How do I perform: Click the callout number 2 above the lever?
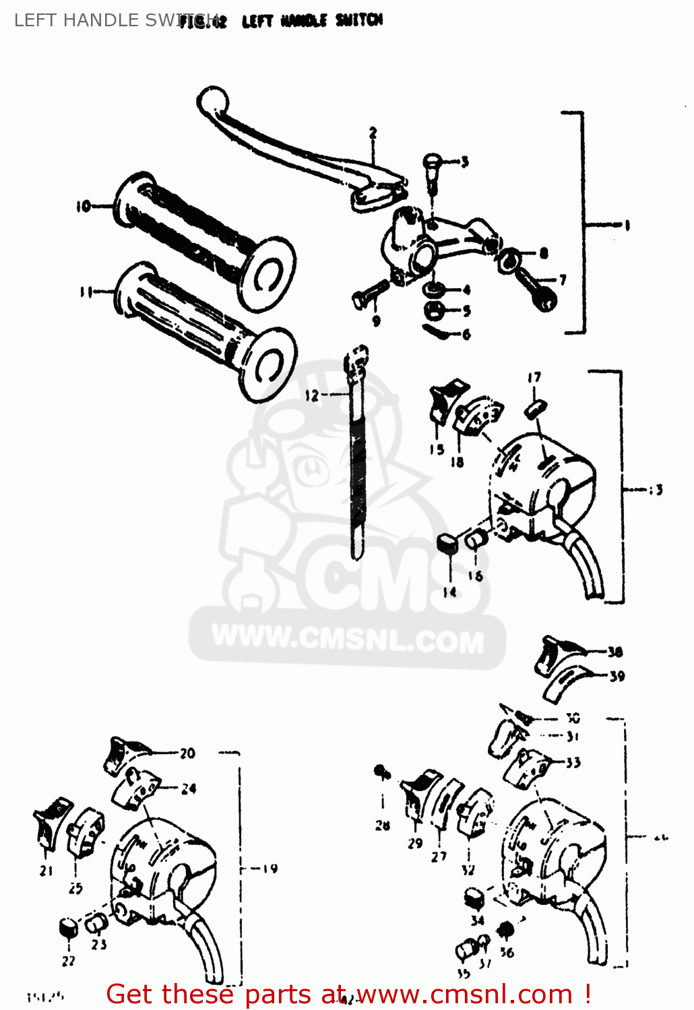(373, 133)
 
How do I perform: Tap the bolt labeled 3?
(431, 164)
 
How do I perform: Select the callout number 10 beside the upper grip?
(83, 206)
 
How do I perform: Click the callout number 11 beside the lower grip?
(86, 292)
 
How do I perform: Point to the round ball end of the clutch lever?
(212, 101)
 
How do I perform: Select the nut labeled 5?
(431, 310)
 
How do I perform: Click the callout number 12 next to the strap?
(311, 395)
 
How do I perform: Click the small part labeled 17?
(536, 407)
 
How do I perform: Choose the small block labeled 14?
(447, 542)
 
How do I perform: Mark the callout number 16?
(476, 576)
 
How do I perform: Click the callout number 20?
(187, 753)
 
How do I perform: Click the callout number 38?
(614, 652)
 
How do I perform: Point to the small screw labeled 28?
(383, 773)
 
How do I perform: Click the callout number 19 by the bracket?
(270, 869)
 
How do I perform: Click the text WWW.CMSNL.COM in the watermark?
(348, 640)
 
